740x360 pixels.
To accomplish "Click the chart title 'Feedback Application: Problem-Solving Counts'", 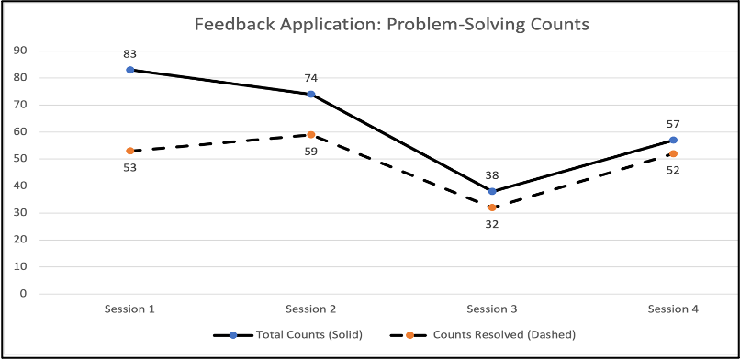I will (x=392, y=24).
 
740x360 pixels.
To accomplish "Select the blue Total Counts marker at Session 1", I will (x=130, y=70).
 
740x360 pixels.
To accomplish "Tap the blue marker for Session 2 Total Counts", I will (x=311, y=94).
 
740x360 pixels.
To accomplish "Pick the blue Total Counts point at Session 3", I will (x=492, y=191).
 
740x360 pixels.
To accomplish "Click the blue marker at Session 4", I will (x=673, y=140).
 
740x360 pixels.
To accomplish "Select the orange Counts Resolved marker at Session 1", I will (x=130, y=151).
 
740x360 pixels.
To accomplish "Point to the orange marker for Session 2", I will (x=311, y=135).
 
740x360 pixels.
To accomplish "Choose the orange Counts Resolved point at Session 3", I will (x=492, y=208).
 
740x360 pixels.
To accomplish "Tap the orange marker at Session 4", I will (x=673, y=153).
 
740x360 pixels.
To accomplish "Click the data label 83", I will (x=130, y=54).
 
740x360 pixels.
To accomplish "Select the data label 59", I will (x=311, y=151).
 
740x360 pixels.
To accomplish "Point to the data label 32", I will (x=492, y=223).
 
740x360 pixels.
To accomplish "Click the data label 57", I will (x=673, y=124).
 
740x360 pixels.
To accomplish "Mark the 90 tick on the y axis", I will (x=19, y=51).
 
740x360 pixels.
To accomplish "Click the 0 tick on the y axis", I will (x=23, y=294).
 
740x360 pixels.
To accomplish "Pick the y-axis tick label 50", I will (x=19, y=159).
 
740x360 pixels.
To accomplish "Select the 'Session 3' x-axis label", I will (x=492, y=309).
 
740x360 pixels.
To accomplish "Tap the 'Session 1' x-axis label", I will (x=130, y=309).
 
